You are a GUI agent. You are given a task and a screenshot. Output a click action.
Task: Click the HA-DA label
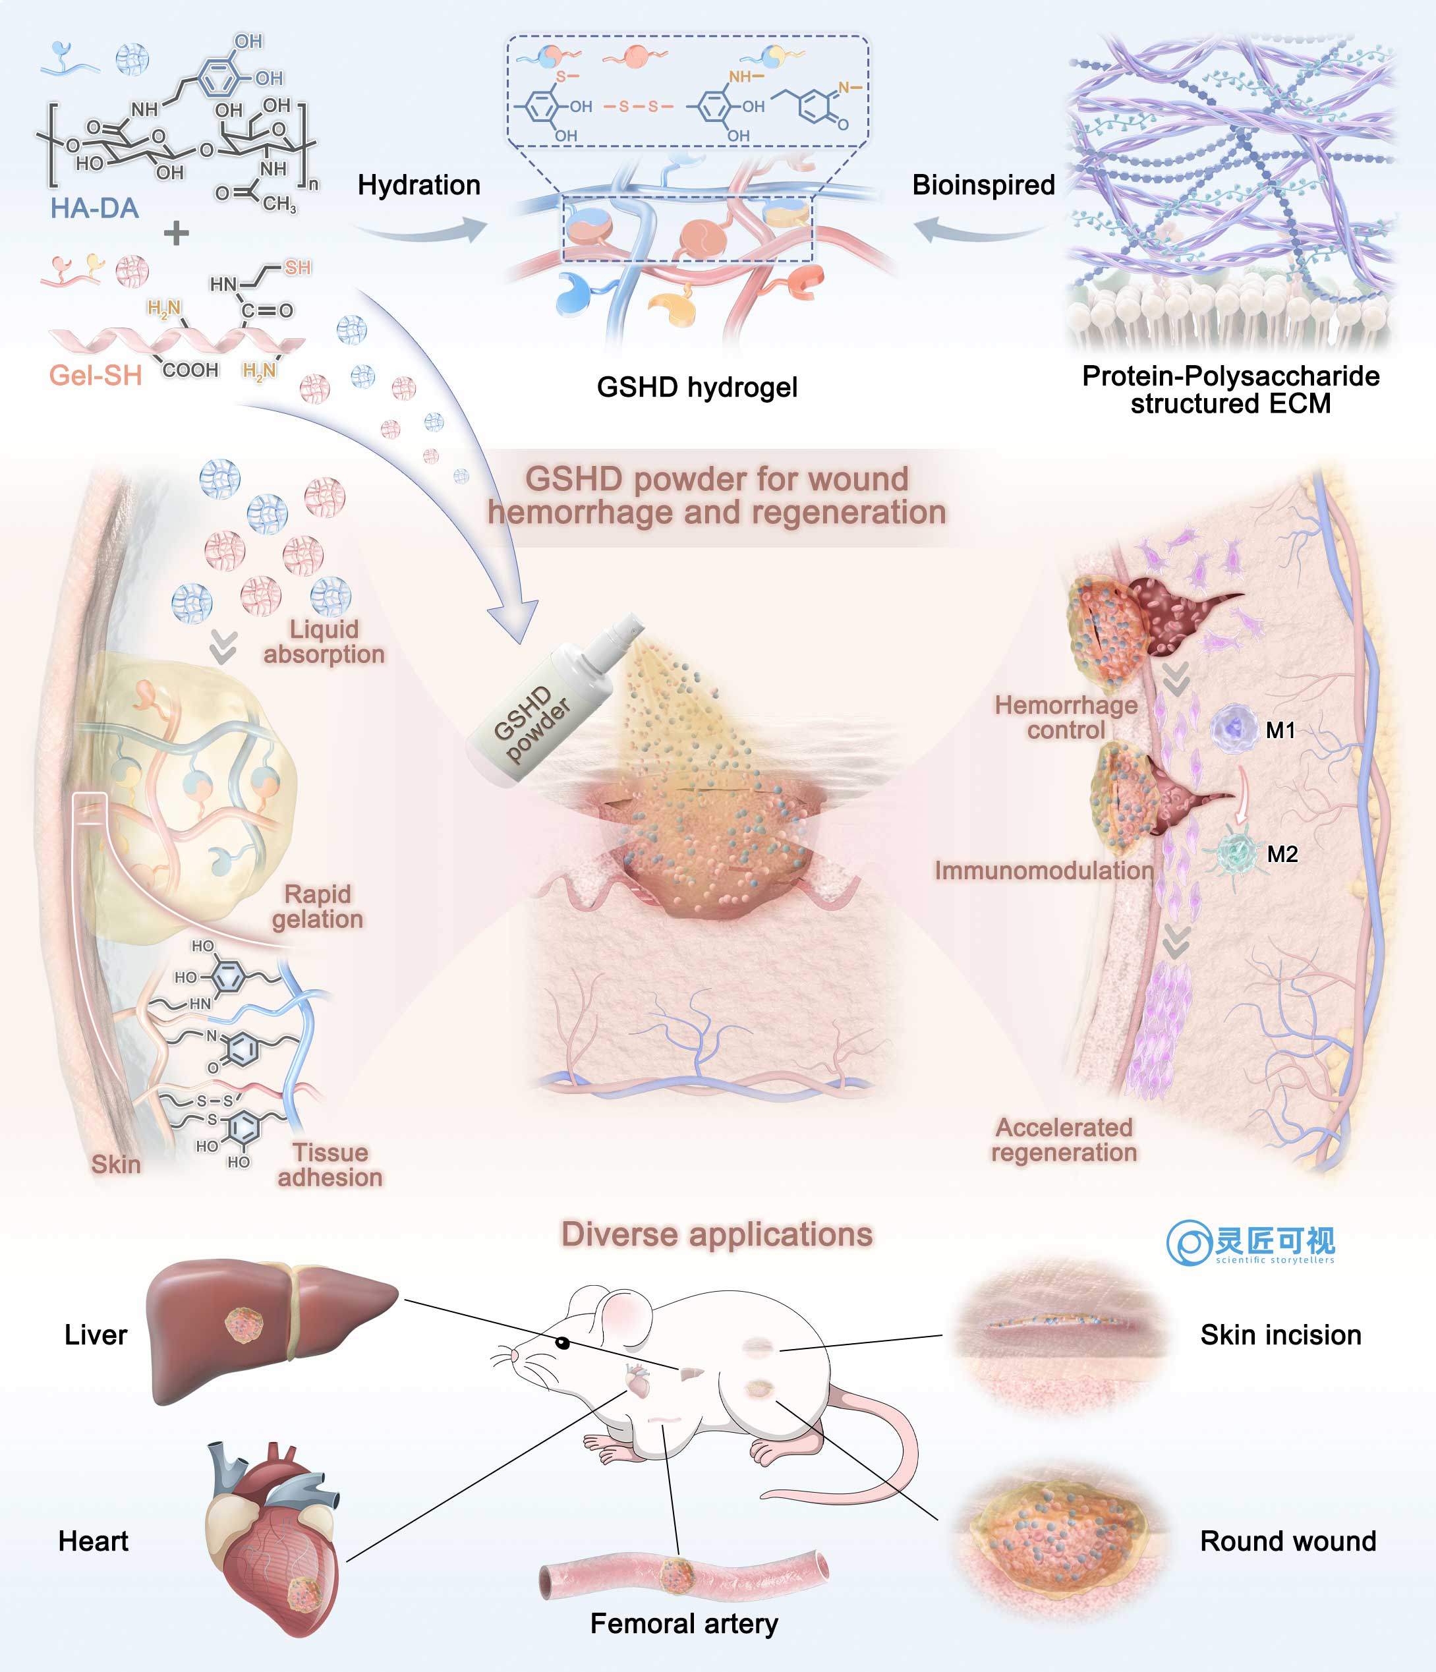(94, 208)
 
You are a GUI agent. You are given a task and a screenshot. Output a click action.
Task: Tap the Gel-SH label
(95, 375)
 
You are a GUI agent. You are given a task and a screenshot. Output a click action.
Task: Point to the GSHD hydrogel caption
(697, 388)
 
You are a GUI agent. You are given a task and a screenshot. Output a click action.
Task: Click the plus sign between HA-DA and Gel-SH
(176, 234)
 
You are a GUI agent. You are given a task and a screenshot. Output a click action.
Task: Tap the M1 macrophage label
(1280, 730)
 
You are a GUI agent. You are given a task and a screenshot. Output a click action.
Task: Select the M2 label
(1282, 853)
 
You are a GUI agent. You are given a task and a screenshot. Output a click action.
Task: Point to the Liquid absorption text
(324, 641)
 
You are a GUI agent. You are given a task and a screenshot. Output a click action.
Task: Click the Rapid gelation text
(318, 906)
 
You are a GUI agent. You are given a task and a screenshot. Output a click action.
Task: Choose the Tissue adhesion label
(330, 1165)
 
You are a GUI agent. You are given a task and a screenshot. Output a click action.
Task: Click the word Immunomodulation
(1044, 870)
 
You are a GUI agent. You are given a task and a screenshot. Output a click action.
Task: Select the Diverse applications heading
(717, 1234)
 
